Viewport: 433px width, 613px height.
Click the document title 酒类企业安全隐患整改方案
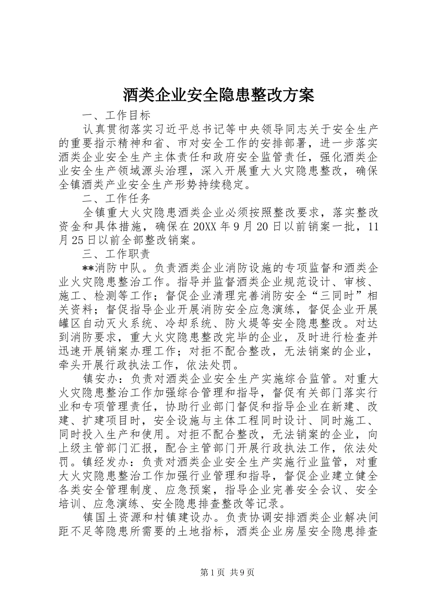[x=218, y=95]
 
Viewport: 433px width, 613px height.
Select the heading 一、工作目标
[x=116, y=114]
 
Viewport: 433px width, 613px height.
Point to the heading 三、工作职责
[x=116, y=254]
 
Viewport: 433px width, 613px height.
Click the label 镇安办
[x=99, y=379]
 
